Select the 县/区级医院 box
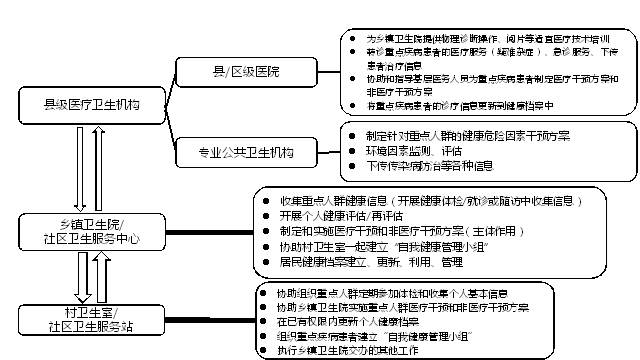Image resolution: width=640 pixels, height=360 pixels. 242,72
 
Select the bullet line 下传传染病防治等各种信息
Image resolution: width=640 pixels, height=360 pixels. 429,165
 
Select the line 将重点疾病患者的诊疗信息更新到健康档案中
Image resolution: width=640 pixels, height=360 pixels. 459,103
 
